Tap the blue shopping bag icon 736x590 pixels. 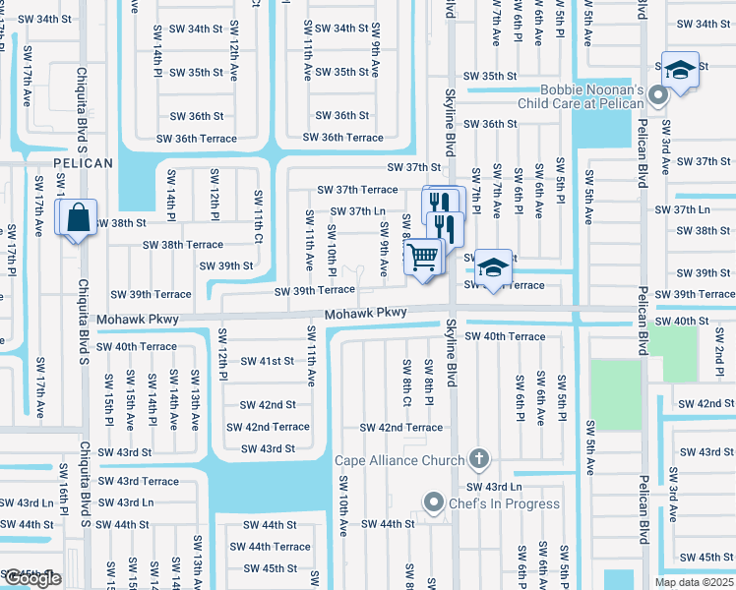(77, 217)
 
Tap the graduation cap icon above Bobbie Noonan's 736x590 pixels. (679, 70)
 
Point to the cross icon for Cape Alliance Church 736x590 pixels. (479, 459)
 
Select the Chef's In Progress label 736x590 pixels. (505, 503)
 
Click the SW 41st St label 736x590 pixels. (267, 361)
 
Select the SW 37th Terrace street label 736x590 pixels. (356, 189)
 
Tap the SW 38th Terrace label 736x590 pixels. (183, 244)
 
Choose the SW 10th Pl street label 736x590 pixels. (332, 251)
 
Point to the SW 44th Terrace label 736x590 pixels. (270, 547)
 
